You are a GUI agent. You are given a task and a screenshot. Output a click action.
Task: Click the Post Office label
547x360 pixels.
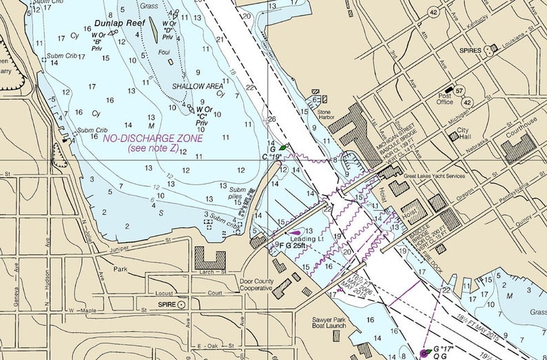445,99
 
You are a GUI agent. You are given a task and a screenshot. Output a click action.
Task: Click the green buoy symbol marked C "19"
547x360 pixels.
282,147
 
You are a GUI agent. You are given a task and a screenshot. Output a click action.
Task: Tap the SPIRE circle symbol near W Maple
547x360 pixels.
181,304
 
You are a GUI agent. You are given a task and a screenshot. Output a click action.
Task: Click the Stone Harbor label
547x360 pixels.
324,114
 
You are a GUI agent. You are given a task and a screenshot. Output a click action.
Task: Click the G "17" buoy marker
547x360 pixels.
424,352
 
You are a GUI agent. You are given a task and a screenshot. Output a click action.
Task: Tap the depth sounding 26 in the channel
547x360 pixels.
272,119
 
